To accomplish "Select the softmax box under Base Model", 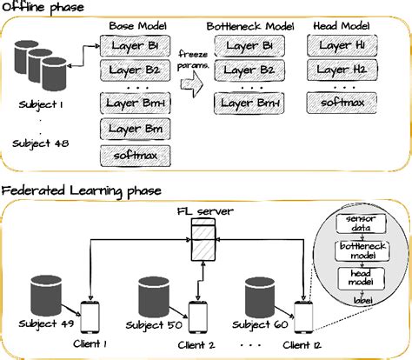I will click(x=135, y=157).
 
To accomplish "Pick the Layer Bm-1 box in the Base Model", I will click(x=135, y=105).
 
